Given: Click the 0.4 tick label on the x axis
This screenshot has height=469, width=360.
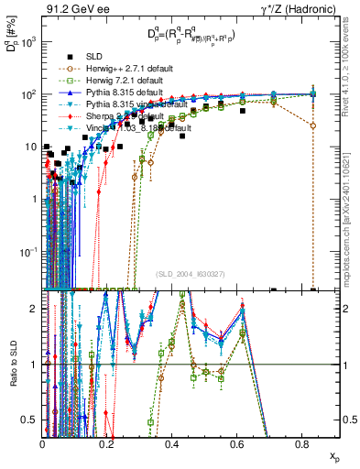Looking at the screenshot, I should click(172, 444).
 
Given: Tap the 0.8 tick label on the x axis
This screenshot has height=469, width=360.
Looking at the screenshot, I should click(301, 444).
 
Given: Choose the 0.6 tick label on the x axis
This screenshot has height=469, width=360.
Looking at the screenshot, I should click(237, 444).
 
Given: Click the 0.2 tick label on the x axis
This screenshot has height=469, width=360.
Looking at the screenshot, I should click(107, 444).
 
